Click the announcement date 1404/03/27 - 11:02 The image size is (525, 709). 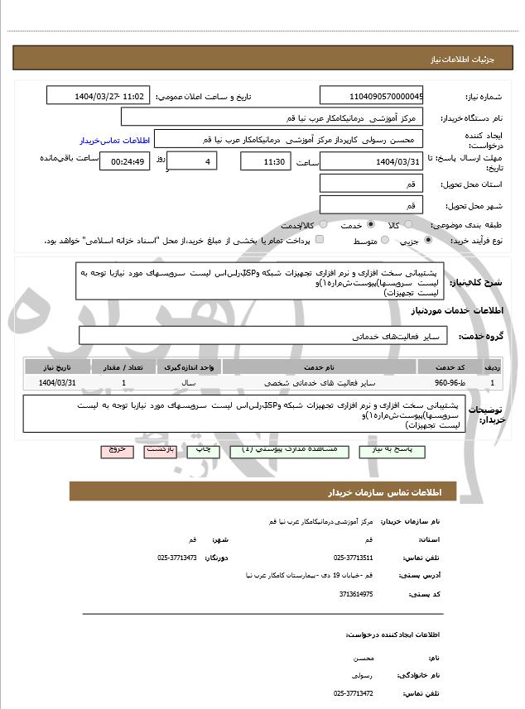pyautogui.click(x=99, y=96)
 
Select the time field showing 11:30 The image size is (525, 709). pyautogui.click(x=265, y=161)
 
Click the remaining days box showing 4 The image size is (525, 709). pyautogui.click(x=192, y=161)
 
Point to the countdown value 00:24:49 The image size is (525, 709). pyautogui.click(x=124, y=161)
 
